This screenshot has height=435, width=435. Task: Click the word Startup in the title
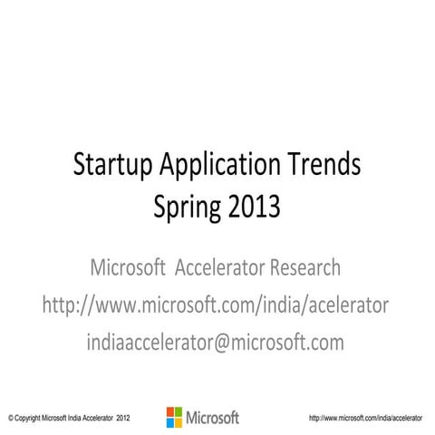(x=113, y=167)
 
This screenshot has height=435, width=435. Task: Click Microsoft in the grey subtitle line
(x=129, y=268)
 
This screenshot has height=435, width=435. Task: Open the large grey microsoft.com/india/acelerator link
(x=216, y=305)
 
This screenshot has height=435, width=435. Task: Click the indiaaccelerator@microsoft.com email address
(x=215, y=342)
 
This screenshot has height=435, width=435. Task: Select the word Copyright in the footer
(x=31, y=419)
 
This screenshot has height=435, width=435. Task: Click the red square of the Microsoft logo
(x=170, y=412)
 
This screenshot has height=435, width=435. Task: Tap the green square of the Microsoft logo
(x=179, y=412)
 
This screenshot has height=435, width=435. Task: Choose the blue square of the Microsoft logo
(x=170, y=421)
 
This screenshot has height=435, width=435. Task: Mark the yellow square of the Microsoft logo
(x=179, y=421)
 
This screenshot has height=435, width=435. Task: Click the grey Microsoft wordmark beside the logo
(x=213, y=418)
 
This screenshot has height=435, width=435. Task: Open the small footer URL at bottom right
(x=366, y=419)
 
